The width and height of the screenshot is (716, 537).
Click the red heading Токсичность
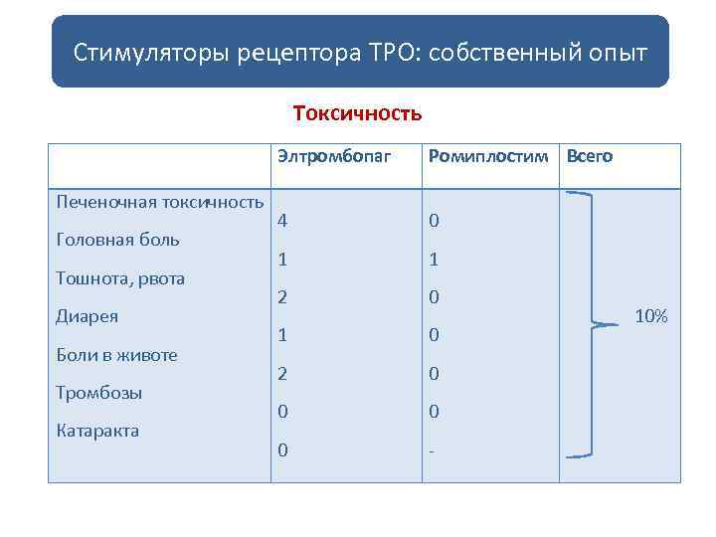point(358,112)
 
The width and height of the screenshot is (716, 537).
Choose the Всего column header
point(590,156)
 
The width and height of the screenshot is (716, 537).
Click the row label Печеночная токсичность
point(160,202)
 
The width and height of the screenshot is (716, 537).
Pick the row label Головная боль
point(118,240)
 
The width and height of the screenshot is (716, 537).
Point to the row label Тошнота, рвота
point(121,278)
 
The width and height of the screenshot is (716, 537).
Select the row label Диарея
point(88,316)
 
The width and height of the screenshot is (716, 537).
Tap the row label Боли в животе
point(117,354)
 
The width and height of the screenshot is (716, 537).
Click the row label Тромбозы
point(99,393)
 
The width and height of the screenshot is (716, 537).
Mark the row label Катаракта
point(98,431)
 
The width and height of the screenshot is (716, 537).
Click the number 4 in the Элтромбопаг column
point(283,221)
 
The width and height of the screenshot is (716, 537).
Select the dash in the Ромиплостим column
point(432,451)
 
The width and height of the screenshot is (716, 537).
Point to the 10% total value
point(651,316)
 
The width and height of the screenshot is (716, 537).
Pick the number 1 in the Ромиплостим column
point(434,260)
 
